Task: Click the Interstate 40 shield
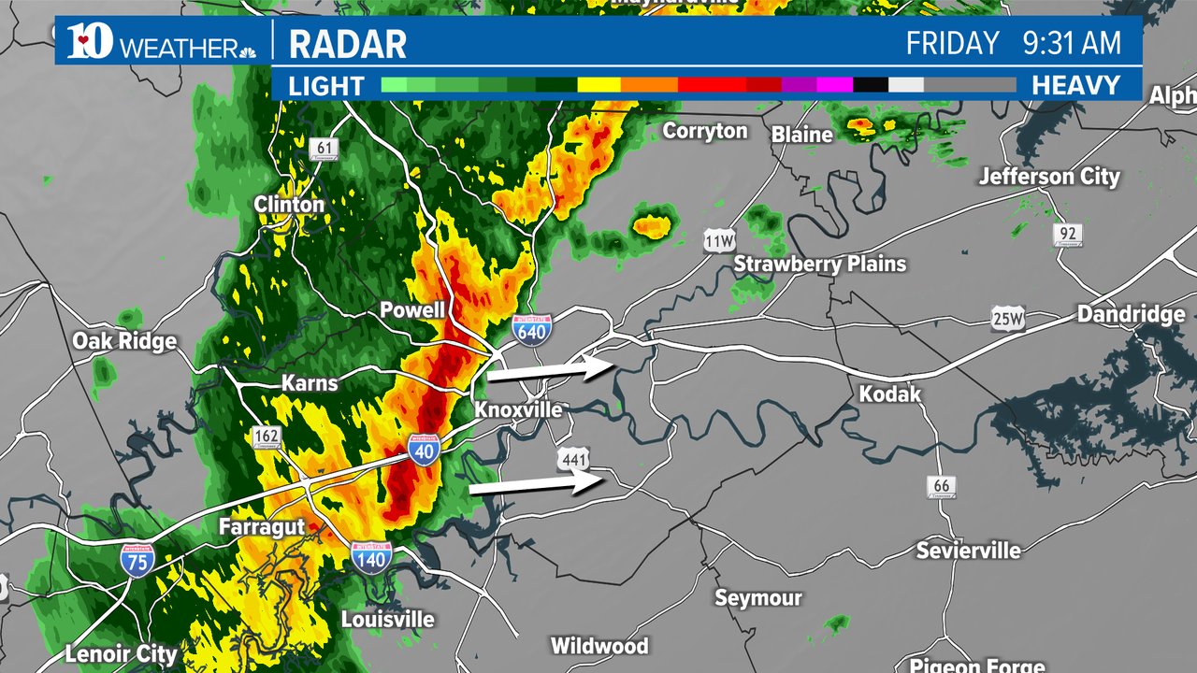coord(424,451)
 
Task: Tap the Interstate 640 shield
coord(531,330)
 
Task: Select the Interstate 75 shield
coord(137,558)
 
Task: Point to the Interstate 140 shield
coord(371,558)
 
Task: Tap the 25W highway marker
coord(1008,320)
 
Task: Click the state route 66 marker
coord(942,486)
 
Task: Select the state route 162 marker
coord(267,437)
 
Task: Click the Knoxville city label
coord(518,410)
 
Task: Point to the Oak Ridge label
coord(124,341)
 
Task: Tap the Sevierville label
coord(968,550)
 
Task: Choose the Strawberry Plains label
coord(819,265)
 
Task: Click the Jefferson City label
coord(1048,176)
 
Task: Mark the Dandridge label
coord(1131,314)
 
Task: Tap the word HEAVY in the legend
coord(1075,86)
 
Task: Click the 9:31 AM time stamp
coord(1072,43)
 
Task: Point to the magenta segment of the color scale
coord(834,85)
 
